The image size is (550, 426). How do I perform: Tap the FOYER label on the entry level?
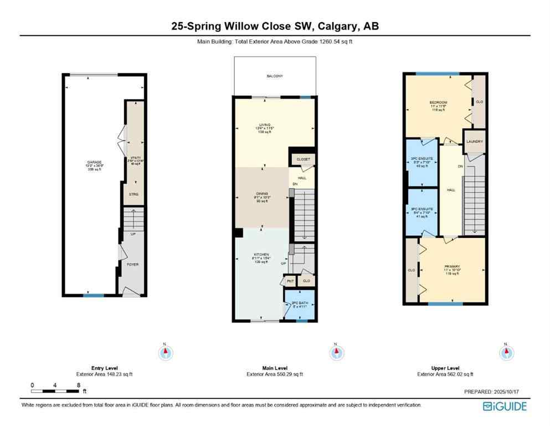point(132,265)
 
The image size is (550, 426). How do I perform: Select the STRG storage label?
point(133,194)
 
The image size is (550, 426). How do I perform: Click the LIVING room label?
point(263,125)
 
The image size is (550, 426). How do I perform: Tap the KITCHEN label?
point(262,255)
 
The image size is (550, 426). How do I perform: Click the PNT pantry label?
point(290,282)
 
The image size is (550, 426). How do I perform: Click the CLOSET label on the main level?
point(303,159)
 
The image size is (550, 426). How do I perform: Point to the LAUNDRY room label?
point(474,141)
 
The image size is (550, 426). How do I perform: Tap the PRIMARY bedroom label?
point(452,266)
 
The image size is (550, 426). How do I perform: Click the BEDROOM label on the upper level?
point(439,103)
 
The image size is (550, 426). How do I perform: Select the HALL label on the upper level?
point(451,190)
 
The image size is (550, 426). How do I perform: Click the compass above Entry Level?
point(165,352)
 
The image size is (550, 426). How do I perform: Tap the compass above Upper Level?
point(505,352)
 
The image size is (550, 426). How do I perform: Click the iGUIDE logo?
point(505,407)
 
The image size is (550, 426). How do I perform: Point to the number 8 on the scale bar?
point(79,385)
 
